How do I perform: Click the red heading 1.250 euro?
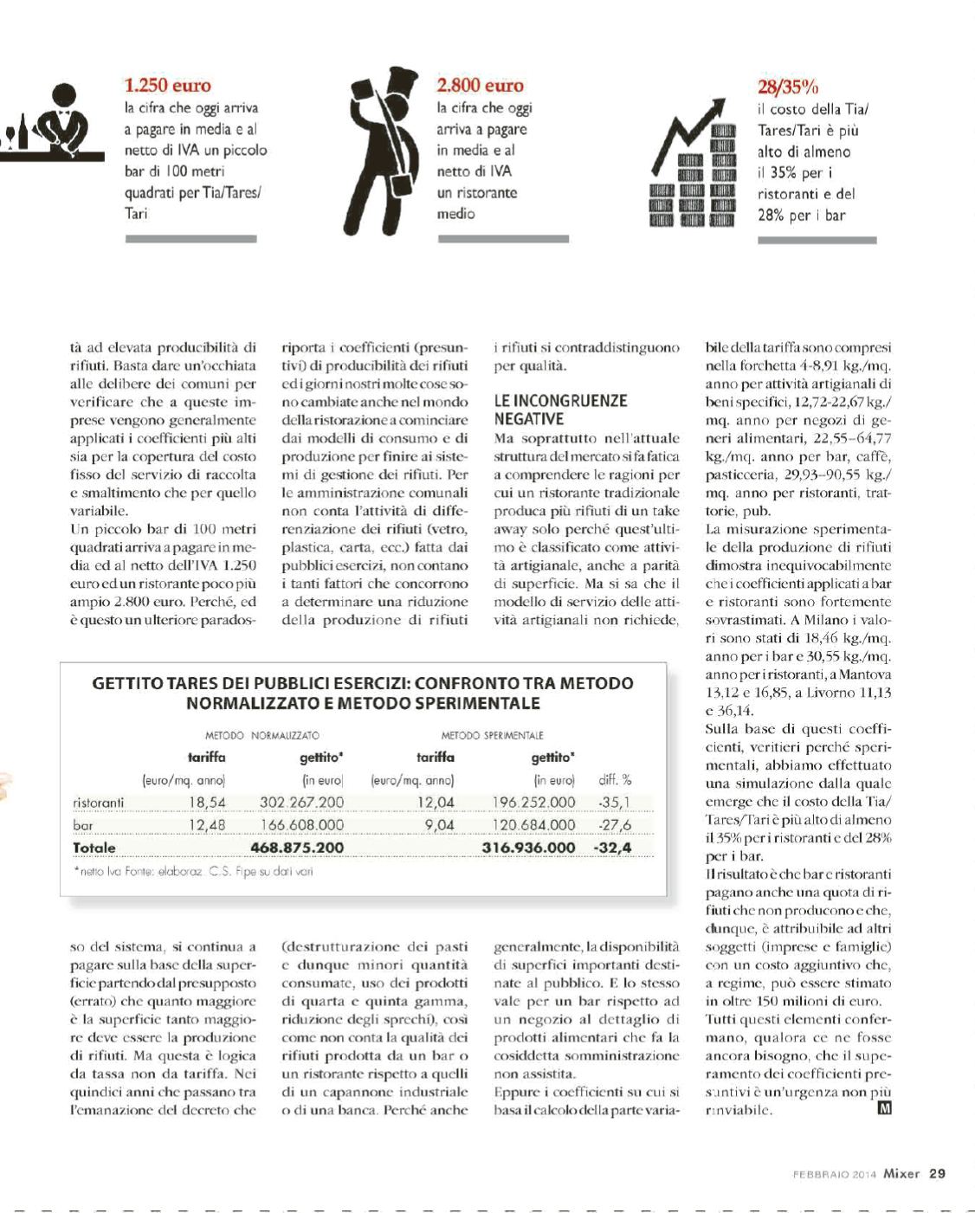point(168,85)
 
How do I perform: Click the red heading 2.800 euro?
point(480,85)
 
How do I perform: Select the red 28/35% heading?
point(788,87)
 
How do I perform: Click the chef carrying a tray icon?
point(382,147)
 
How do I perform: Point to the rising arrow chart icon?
point(692,164)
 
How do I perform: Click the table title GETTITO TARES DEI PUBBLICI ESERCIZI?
point(363,693)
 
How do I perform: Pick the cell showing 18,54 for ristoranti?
point(207,803)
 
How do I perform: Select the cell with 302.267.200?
point(301,803)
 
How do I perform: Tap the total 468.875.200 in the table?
point(296,848)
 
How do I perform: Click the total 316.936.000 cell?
point(528,848)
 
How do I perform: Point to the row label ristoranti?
point(99,803)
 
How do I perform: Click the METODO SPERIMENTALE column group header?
point(492,735)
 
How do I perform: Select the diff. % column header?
point(615,780)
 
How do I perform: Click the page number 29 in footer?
point(937,1174)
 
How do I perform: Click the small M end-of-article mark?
point(884,1108)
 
